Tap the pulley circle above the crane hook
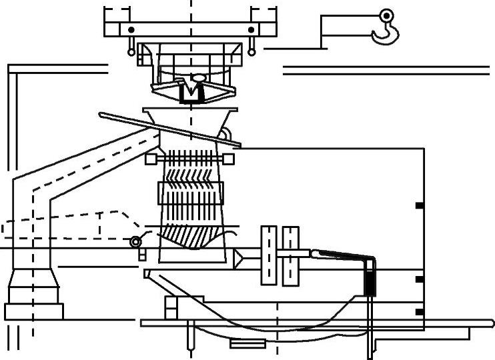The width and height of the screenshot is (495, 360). (x=386, y=15)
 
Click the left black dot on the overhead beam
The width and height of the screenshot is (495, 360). (x=131, y=30)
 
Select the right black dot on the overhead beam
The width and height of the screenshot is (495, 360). (x=251, y=30)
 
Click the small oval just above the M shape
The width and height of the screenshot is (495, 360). (x=198, y=78)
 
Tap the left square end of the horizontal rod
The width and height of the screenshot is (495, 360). (x=151, y=159)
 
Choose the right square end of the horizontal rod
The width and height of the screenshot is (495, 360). (x=230, y=159)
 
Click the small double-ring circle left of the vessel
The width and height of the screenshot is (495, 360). (x=136, y=241)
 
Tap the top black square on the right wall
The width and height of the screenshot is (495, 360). (x=419, y=205)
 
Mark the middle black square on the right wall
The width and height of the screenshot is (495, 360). (x=419, y=279)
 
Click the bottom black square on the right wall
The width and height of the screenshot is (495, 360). (x=419, y=311)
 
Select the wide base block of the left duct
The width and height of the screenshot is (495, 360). (x=34, y=311)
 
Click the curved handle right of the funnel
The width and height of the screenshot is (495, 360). (x=230, y=137)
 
